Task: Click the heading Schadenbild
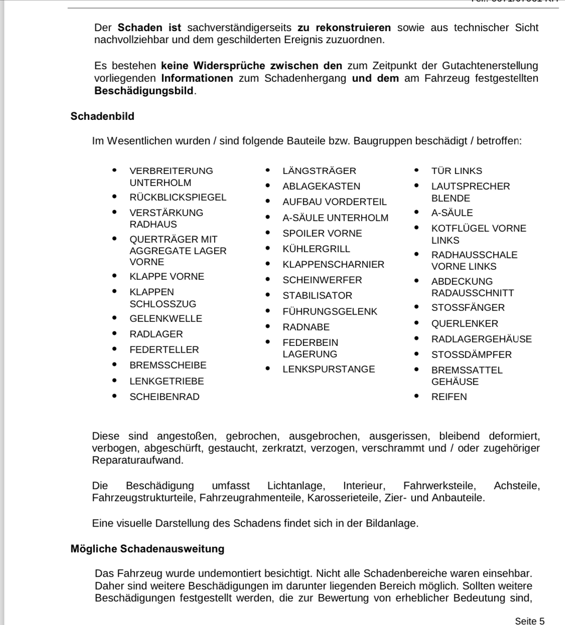pos(102,116)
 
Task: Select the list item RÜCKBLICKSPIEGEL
pos(178,197)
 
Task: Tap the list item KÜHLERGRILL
pos(316,249)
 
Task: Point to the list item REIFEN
pos(449,397)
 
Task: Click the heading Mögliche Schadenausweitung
pos(148,549)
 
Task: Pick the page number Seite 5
pos(529,621)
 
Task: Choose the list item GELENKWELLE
pos(166,319)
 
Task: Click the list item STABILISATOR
pos(317,296)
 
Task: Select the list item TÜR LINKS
pos(457,171)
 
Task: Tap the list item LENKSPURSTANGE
pos(329,369)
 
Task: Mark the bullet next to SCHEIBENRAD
pos(115,396)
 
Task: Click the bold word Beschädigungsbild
pos(144,91)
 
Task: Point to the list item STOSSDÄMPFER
pos(471,355)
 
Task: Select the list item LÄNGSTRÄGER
pos(320,171)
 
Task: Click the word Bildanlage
pos(391,523)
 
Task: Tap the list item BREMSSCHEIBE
pos(168,366)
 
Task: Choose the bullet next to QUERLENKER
pos(416,323)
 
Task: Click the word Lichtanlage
pos(296,486)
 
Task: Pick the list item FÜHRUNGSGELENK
pos(330,311)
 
